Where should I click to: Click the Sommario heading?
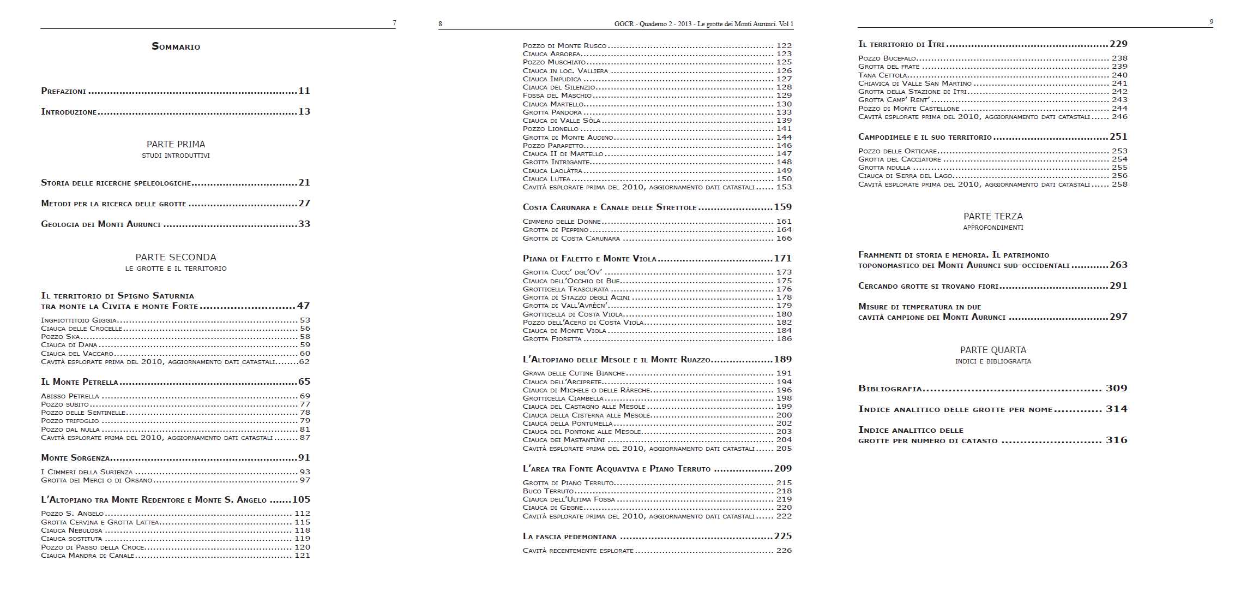click(x=176, y=46)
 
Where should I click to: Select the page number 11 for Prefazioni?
click(x=304, y=91)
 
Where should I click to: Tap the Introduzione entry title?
click(x=69, y=112)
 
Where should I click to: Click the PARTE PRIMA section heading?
click(x=176, y=144)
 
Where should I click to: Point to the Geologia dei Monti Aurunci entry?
click(x=101, y=224)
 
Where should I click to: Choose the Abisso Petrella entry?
click(x=70, y=396)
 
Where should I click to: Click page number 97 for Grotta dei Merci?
click(x=305, y=480)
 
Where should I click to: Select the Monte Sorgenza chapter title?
click(x=76, y=458)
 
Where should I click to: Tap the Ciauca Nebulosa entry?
click(x=71, y=531)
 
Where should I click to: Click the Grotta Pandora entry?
click(x=552, y=112)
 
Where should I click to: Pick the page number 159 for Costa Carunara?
click(x=783, y=207)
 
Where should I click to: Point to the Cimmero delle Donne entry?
click(x=562, y=222)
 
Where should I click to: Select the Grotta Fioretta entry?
click(x=552, y=339)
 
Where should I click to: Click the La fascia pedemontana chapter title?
click(x=570, y=537)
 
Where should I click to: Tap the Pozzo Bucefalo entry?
click(x=887, y=58)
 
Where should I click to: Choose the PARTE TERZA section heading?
click(x=993, y=216)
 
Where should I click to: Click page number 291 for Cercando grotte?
click(x=1118, y=285)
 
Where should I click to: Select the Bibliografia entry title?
click(x=890, y=389)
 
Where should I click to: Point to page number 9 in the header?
click(x=1211, y=22)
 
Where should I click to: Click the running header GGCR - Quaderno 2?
click(x=703, y=24)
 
